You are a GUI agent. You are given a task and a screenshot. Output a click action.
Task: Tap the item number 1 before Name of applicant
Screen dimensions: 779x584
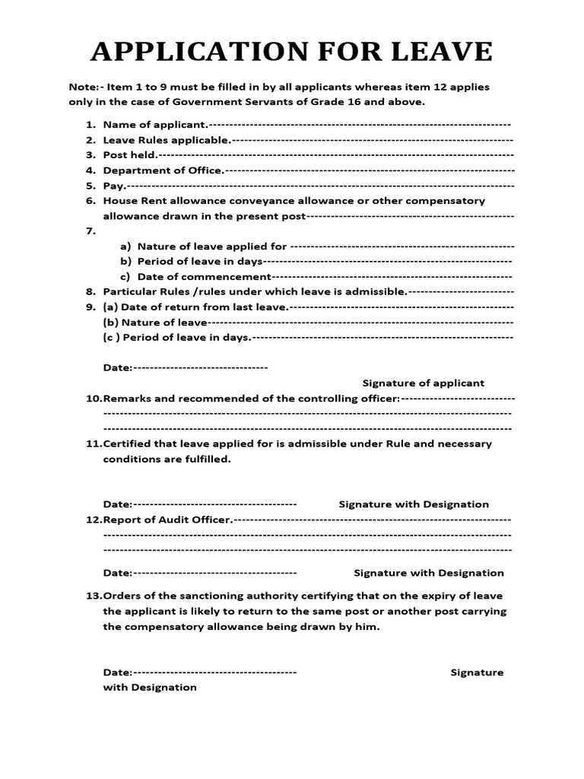(89, 124)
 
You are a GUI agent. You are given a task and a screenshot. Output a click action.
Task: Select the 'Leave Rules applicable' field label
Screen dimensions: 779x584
(167, 140)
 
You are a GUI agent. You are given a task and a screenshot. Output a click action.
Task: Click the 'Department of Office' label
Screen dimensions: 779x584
(163, 170)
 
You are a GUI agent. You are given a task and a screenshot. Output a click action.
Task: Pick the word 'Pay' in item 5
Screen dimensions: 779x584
(113, 186)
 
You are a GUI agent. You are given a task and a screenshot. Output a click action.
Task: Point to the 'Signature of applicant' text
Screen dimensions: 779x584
(423, 383)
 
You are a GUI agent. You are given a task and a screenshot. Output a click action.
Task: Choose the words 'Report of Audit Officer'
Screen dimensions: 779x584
(167, 520)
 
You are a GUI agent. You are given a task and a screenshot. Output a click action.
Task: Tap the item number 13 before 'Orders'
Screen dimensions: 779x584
(93, 596)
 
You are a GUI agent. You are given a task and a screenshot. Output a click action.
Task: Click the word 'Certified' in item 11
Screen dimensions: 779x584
(126, 444)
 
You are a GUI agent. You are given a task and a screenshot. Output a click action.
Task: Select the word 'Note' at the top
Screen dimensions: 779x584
(81, 87)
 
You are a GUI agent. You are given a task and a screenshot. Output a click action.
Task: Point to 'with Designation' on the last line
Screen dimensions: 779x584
(150, 687)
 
